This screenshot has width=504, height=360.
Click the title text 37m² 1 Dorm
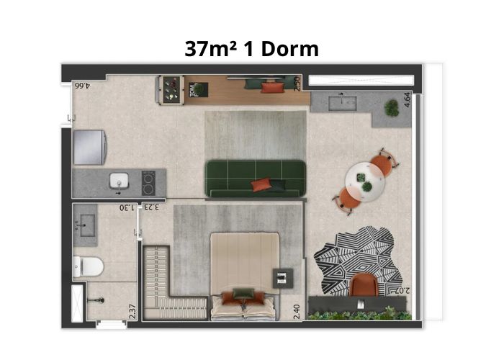click(x=252, y=49)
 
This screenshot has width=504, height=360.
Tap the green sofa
click(x=255, y=179)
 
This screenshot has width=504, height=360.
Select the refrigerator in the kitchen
click(x=90, y=147)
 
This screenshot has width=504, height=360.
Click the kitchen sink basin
click(x=119, y=181)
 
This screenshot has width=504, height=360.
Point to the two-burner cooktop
click(x=148, y=183)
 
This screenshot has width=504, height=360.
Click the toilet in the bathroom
click(x=88, y=266)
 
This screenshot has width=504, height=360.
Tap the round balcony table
click(x=365, y=182)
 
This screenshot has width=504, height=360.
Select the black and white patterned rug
click(x=359, y=261)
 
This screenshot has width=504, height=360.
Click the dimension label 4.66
click(x=83, y=86)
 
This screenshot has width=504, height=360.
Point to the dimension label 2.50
click(x=297, y=84)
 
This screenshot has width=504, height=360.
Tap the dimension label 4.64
click(x=407, y=99)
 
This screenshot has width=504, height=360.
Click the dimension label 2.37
click(x=132, y=312)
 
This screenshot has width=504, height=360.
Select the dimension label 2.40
click(x=297, y=312)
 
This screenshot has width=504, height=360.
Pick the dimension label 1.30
click(x=127, y=207)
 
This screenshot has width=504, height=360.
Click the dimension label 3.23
click(x=151, y=207)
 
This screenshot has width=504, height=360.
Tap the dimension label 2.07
click(x=402, y=291)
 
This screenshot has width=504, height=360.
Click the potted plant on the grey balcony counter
click(x=392, y=108)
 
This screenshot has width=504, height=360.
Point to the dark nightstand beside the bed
click(x=283, y=279)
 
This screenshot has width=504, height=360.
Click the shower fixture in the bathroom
click(x=96, y=300)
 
